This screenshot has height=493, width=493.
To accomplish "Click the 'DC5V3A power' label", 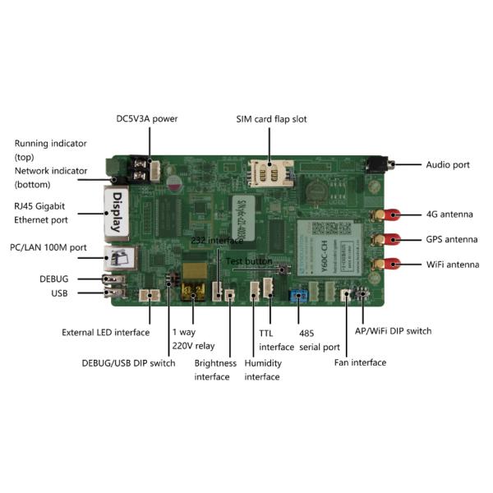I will [146, 118].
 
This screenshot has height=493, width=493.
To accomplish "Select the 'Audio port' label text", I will [447, 164].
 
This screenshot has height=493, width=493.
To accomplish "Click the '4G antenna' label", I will [449, 214].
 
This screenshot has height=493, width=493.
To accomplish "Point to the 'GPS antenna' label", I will [450, 240].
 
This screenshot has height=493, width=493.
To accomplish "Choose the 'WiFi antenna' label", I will [452, 265].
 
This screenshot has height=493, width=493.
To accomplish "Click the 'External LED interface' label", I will [105, 332].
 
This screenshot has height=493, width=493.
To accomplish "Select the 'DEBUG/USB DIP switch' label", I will [128, 362].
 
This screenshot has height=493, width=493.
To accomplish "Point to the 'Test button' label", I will [248, 260].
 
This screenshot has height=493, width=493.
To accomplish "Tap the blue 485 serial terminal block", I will [299, 294].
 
